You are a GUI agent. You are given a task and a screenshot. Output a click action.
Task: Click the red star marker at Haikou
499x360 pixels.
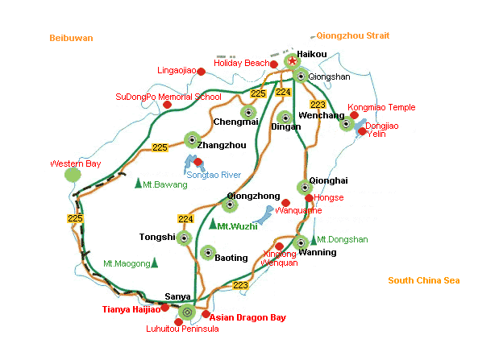click(x=292, y=61)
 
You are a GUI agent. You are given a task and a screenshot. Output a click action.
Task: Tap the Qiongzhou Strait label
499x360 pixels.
click(x=353, y=35)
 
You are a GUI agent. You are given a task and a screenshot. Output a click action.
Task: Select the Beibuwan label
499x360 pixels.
click(x=71, y=38)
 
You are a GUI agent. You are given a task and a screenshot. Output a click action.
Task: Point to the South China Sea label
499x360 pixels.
click(x=423, y=280)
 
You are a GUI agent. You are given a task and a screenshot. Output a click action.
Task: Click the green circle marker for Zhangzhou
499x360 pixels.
click(x=192, y=140)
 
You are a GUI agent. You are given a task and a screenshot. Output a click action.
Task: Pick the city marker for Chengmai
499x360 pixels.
click(x=248, y=113)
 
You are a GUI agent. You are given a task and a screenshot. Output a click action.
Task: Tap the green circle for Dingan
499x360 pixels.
click(x=283, y=118)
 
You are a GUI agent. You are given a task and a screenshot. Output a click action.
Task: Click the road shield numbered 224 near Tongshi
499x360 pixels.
click(x=186, y=218)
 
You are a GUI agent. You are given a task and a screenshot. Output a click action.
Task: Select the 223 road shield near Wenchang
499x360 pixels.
click(x=318, y=105)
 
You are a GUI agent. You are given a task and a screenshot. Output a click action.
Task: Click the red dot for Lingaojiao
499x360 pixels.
click(x=202, y=72)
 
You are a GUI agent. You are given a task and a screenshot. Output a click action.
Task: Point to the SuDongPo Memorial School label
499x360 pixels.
click(x=168, y=97)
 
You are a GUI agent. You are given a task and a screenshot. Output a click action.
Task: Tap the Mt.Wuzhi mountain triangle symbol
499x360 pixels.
click(x=213, y=225)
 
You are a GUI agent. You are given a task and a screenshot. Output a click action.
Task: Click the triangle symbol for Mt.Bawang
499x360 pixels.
click(x=139, y=184)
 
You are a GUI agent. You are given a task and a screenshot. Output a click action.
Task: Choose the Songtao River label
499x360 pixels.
click(x=214, y=175)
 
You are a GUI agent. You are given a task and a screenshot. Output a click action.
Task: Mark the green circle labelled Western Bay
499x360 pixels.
click(x=73, y=175)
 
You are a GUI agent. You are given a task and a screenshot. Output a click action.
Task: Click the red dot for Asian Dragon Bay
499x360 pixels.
click(x=206, y=315)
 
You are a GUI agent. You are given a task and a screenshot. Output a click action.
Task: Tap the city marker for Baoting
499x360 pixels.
click(x=207, y=252)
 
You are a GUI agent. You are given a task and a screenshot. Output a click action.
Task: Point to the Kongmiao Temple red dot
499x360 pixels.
click(x=354, y=115)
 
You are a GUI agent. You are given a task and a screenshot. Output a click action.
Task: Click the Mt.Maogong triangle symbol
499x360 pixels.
click(x=154, y=263)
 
